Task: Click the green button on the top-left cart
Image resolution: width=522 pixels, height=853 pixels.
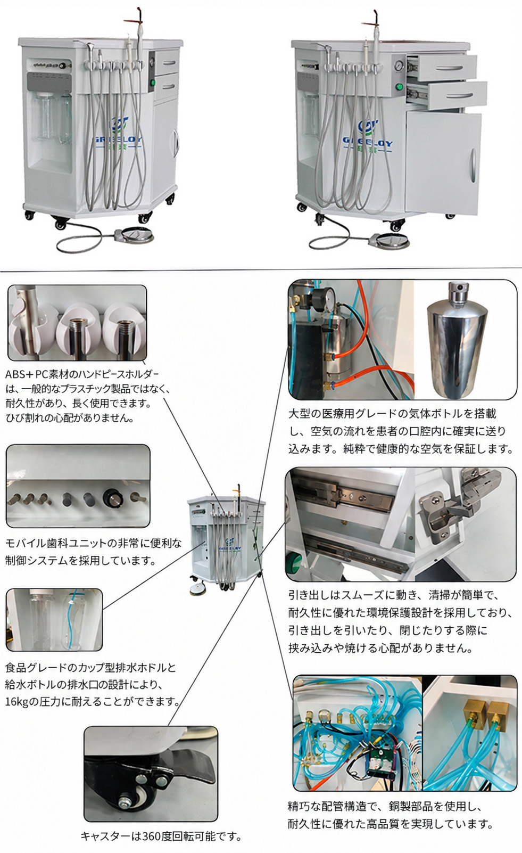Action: click(153, 82)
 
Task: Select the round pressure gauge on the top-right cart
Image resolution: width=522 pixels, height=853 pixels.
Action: click(399, 65)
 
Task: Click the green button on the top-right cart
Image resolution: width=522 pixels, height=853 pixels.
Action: click(399, 86)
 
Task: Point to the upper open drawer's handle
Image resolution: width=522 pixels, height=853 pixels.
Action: click(449, 69)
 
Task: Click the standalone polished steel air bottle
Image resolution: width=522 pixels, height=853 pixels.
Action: click(457, 339)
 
